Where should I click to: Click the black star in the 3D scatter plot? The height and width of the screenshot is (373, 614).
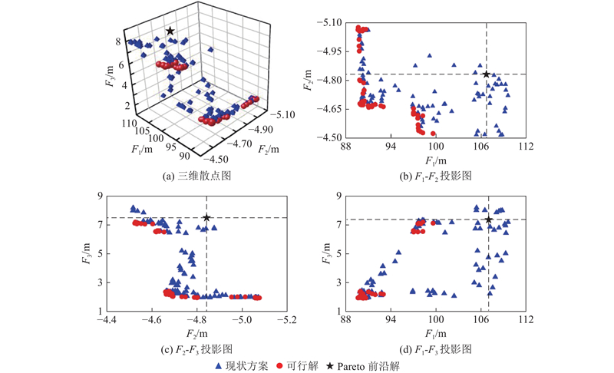click(x=170, y=31)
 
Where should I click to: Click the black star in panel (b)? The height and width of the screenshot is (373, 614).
click(x=487, y=74)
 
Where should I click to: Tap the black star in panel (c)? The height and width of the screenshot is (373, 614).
click(x=206, y=218)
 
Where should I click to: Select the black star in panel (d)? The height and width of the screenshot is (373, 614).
click(x=489, y=220)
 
